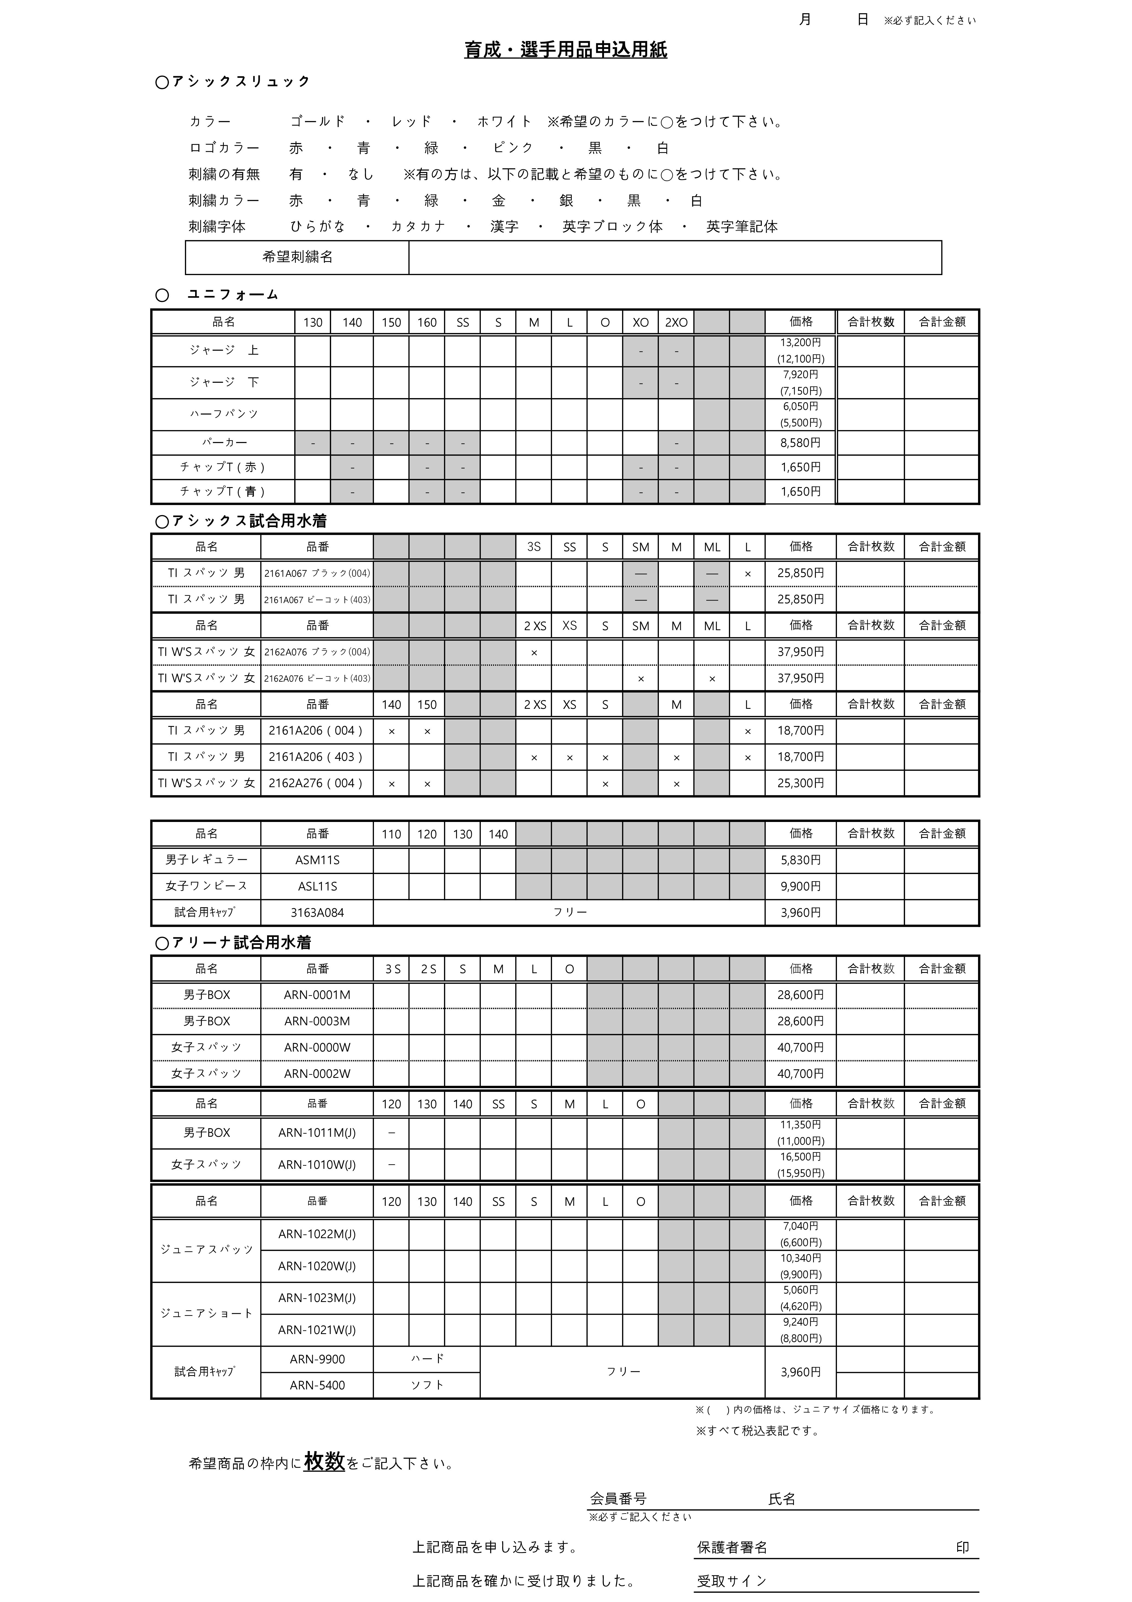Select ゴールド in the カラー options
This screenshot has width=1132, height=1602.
pos(317,121)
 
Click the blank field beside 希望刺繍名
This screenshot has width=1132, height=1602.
pos(674,258)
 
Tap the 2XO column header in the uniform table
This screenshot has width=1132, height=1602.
pos(676,322)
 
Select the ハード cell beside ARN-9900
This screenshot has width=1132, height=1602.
pos(427,1358)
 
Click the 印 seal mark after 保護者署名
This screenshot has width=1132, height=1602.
pos(962,1547)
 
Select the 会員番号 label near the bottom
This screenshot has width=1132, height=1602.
pos(618,1499)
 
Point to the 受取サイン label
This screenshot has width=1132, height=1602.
pos(732,1581)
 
